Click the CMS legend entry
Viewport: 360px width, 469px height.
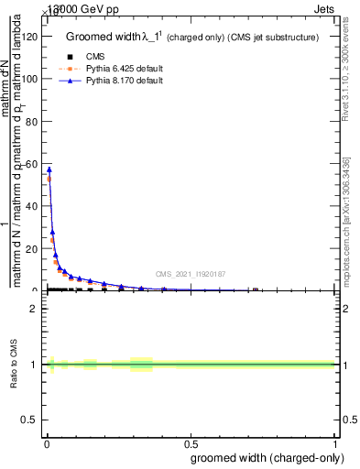(x=92, y=57)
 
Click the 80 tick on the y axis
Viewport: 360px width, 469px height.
(x=33, y=121)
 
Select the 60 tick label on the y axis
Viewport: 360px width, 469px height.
(x=33, y=164)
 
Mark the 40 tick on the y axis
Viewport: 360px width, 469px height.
(x=33, y=206)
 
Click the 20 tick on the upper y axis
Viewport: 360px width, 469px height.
(x=33, y=248)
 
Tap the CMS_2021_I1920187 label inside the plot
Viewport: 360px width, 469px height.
(x=190, y=274)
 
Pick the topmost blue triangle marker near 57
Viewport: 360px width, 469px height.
(x=49, y=169)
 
